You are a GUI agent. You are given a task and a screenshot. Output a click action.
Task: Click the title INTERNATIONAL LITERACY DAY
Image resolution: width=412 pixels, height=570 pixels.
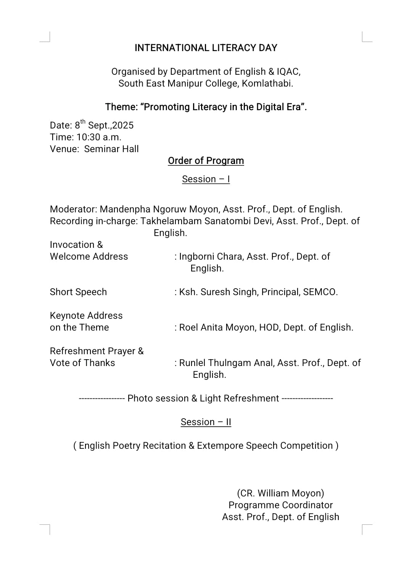[x=206, y=48]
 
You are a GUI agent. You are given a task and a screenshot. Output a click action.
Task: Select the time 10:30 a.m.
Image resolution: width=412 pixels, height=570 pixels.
[x=99, y=137]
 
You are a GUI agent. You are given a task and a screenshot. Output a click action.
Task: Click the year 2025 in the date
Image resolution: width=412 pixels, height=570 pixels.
[x=122, y=126]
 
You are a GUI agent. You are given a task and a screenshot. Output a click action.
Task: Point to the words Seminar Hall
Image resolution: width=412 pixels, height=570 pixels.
[x=111, y=149]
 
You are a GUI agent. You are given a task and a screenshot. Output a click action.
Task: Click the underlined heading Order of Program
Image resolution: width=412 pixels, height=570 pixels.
[x=206, y=161]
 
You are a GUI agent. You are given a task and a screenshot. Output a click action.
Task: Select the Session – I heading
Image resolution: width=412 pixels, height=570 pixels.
[x=206, y=179]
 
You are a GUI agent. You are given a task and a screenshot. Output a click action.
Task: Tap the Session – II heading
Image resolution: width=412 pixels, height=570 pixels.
[x=206, y=422]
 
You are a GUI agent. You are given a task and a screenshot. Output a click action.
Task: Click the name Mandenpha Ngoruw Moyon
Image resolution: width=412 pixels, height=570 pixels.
[x=159, y=209]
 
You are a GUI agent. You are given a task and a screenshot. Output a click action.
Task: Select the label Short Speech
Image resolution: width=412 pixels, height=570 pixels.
[x=78, y=292]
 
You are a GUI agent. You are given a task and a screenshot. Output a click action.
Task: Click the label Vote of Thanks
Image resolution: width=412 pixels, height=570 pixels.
[x=82, y=363]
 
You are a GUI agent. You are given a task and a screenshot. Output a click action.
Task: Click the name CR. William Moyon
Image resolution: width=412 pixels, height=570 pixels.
[x=280, y=493]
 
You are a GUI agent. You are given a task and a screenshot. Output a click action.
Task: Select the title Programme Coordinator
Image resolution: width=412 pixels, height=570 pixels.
[x=280, y=505]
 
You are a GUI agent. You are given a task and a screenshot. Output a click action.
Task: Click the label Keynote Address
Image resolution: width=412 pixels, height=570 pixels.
[x=86, y=316]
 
